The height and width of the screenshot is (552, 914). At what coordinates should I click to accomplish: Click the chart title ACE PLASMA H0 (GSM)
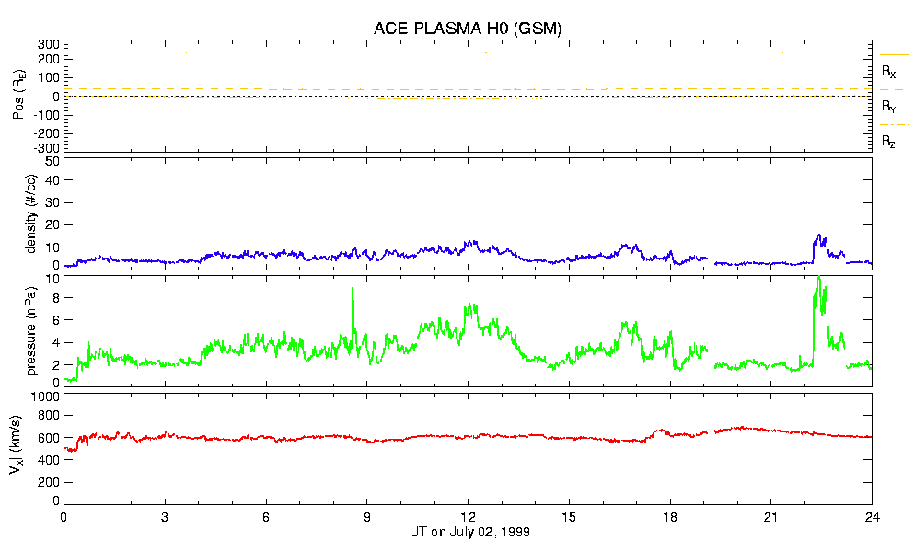coord(467,29)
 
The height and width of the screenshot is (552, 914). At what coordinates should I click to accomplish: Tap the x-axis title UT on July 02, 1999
coord(469,532)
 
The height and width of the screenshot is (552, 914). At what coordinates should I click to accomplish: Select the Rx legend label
coord(888,71)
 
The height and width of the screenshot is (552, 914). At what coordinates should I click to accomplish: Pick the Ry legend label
coord(888,106)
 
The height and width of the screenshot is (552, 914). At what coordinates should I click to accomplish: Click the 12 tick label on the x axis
coord(469,516)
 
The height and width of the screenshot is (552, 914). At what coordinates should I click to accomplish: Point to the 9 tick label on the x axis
coord(367,516)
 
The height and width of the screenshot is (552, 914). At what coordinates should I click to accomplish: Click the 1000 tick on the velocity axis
coord(44,397)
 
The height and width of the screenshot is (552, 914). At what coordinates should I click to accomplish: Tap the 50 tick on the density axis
coord(52,161)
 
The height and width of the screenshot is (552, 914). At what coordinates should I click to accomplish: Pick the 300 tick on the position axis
coord(48,44)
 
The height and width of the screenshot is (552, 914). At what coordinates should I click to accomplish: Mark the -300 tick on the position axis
coord(46,147)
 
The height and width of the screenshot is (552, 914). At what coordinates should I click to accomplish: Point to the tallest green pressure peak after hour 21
coord(818,278)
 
